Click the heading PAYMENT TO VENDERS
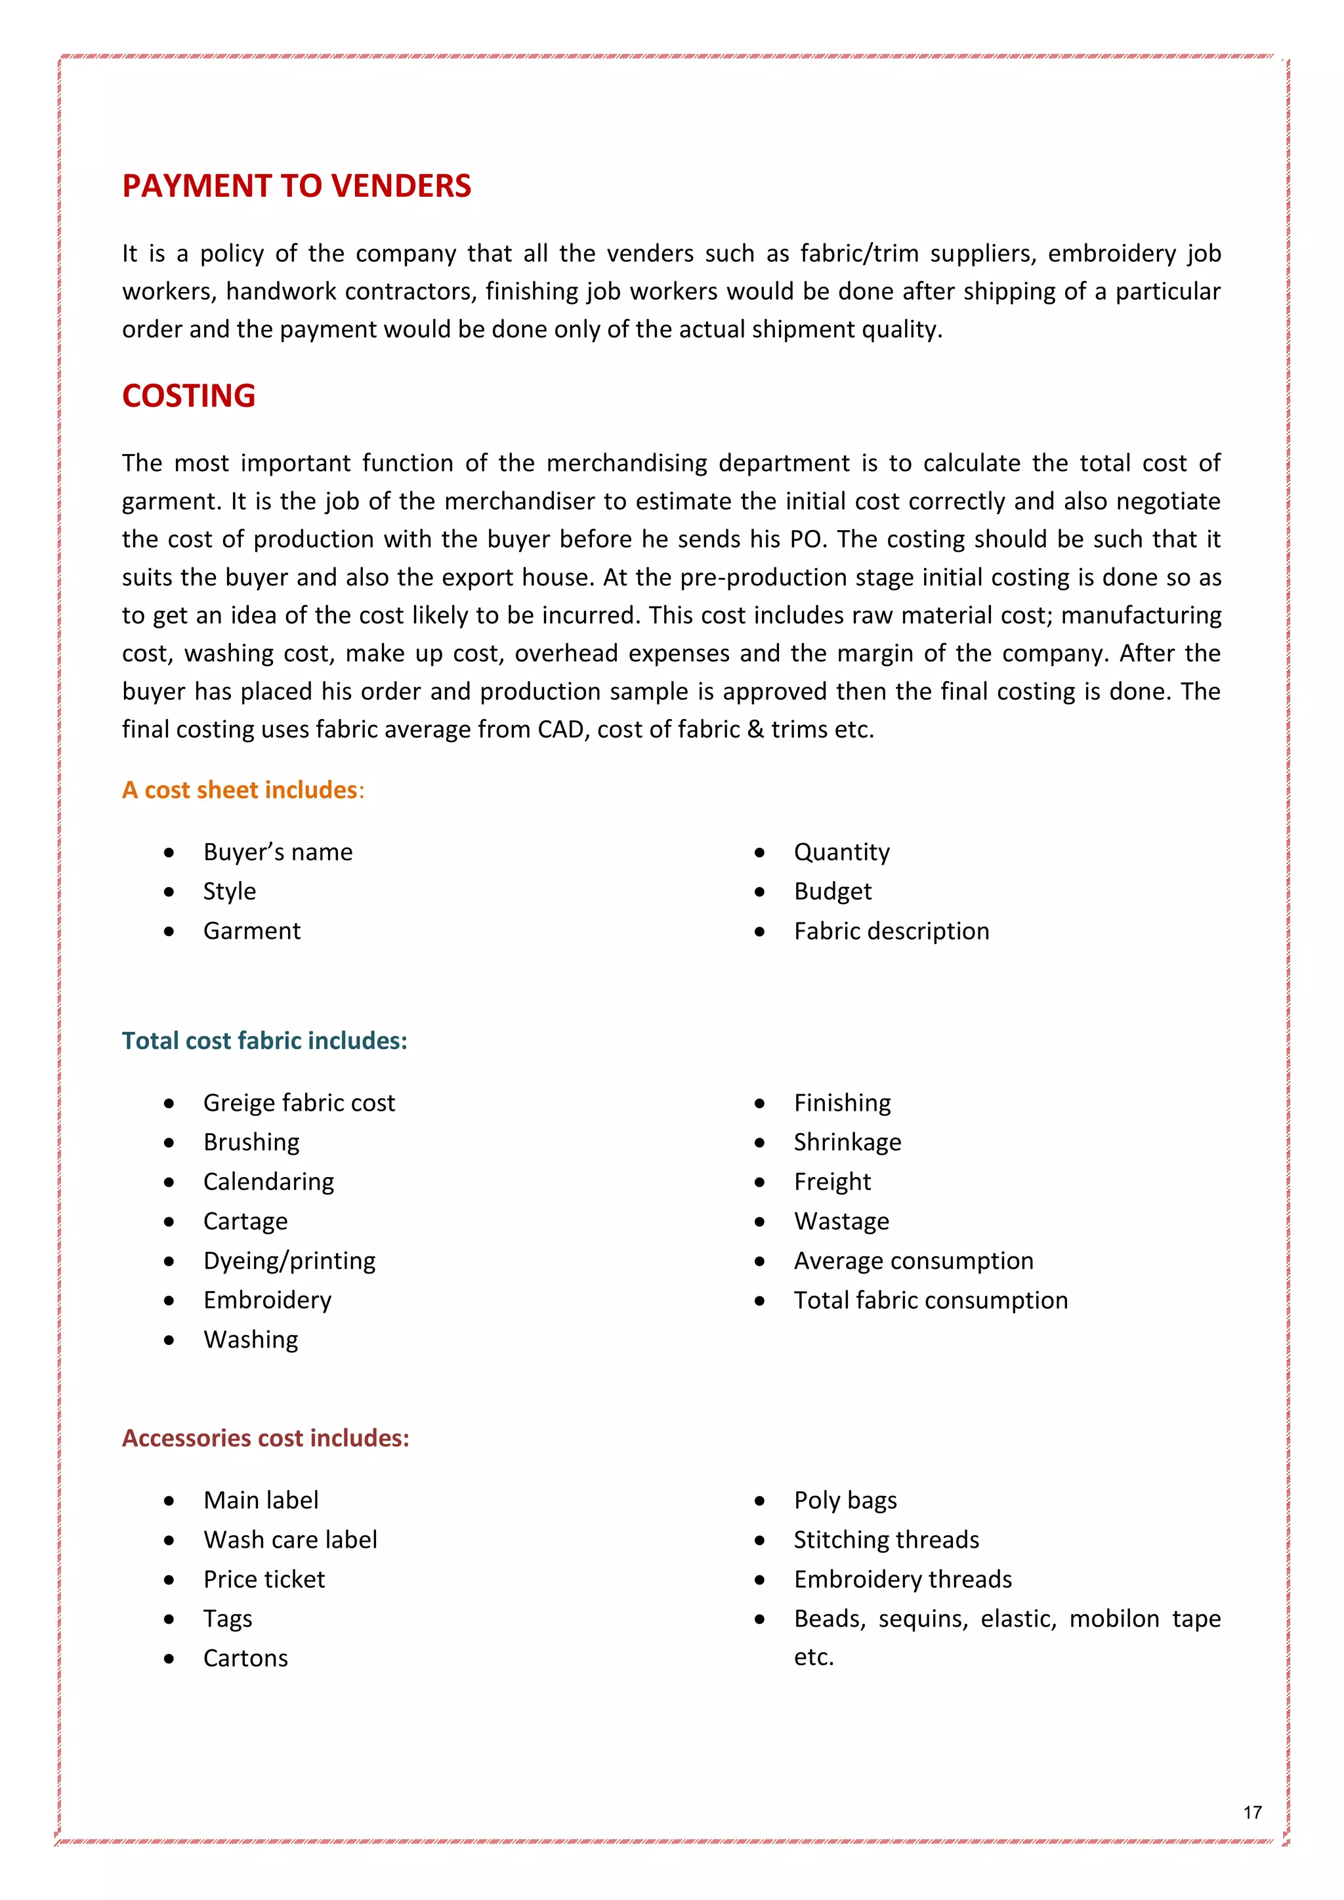pos(296,186)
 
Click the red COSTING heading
pos(189,396)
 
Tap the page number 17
pos(1252,1812)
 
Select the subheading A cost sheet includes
pos(242,791)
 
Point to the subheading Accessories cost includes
pos(265,1438)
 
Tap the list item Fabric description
pos(891,932)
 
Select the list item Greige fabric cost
pos(299,1103)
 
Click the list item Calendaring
pos(268,1182)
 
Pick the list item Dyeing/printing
pos(289,1261)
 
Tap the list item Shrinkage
pos(847,1143)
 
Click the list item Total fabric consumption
pos(930,1301)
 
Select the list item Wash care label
pos(289,1540)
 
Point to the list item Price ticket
pos(264,1580)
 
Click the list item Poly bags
pos(845,1500)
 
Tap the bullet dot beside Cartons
pos(169,1659)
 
